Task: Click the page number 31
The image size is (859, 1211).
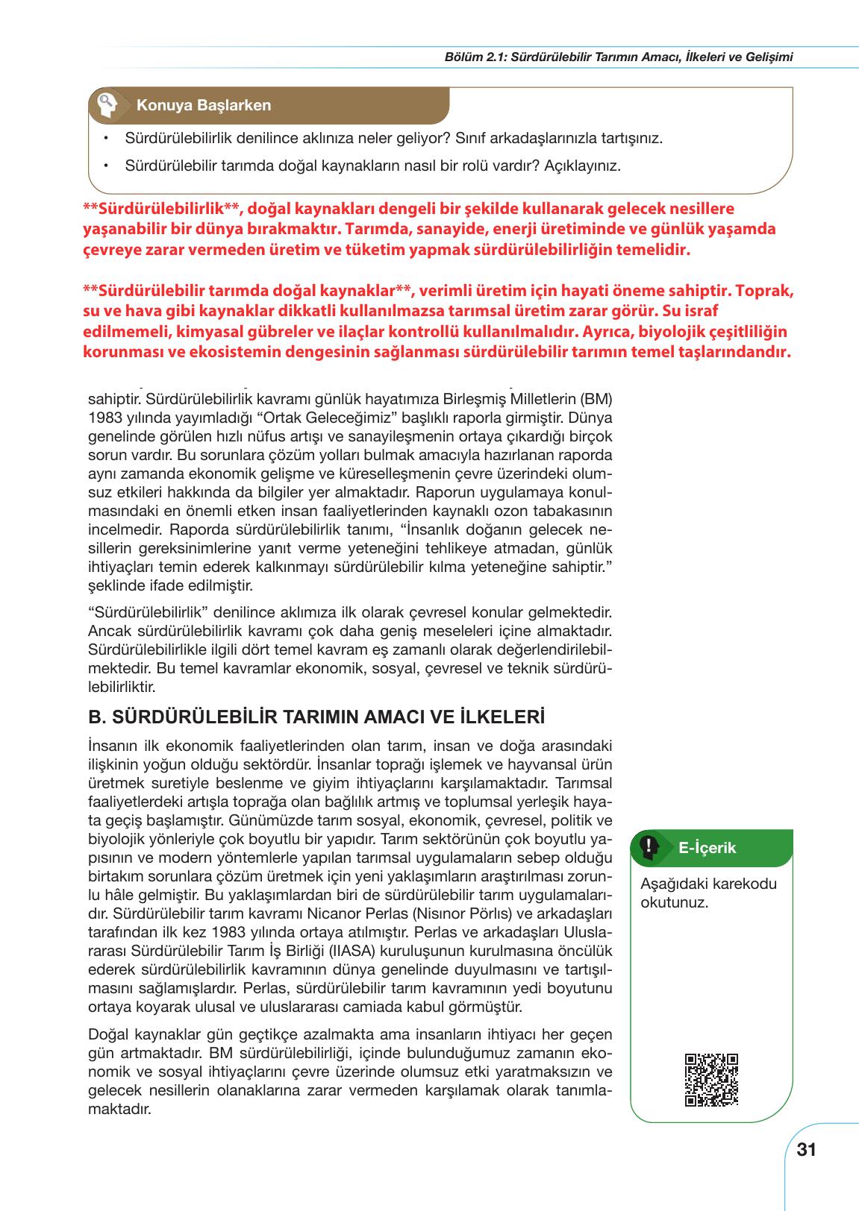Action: [x=807, y=1149]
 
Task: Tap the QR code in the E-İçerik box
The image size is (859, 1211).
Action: [x=710, y=1079]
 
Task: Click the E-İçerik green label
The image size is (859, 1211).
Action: [x=707, y=847]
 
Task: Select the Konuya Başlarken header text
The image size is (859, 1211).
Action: [x=203, y=105]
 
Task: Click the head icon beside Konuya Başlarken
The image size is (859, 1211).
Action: [x=106, y=105]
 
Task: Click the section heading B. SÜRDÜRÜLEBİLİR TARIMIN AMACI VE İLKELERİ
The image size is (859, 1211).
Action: [x=316, y=717]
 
